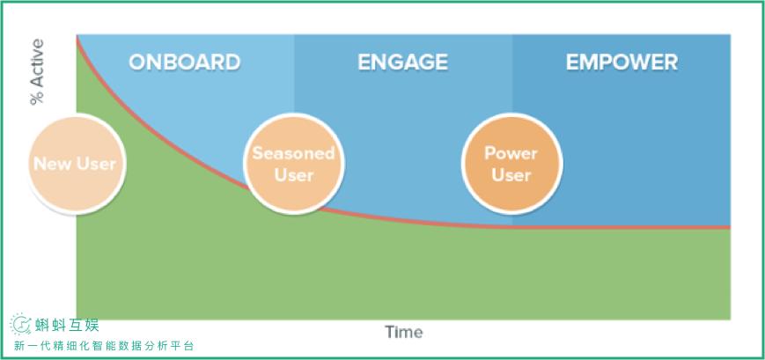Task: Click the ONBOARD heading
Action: click(x=184, y=62)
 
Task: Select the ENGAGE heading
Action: click(x=402, y=62)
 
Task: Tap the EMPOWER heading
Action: click(x=622, y=62)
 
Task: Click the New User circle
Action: click(x=75, y=164)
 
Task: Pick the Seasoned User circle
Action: click(x=294, y=164)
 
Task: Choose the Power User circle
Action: click(x=511, y=164)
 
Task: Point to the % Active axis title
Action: click(x=37, y=71)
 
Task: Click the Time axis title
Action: click(x=403, y=332)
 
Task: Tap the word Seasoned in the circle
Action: click(x=294, y=153)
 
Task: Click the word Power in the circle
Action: click(x=511, y=153)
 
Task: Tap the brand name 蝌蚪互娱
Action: click(x=67, y=325)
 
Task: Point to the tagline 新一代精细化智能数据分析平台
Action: click(x=105, y=346)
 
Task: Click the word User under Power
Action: click(x=511, y=175)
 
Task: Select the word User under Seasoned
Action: click(x=294, y=175)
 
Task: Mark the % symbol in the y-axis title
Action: click(x=37, y=98)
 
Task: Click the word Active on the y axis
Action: click(x=37, y=62)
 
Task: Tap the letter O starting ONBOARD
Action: click(x=137, y=62)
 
